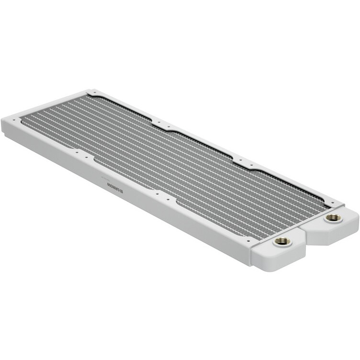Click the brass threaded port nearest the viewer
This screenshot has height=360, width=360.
[282, 241]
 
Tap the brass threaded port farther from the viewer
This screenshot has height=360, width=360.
[333, 218]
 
